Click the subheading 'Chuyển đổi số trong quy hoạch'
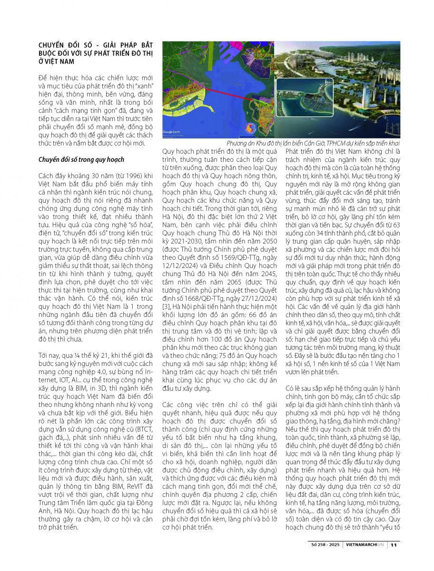pyautogui.click(x=81, y=159)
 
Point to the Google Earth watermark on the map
pyautogui.click(x=173, y=131)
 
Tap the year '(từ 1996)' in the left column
pyautogui.click(x=121, y=176)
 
